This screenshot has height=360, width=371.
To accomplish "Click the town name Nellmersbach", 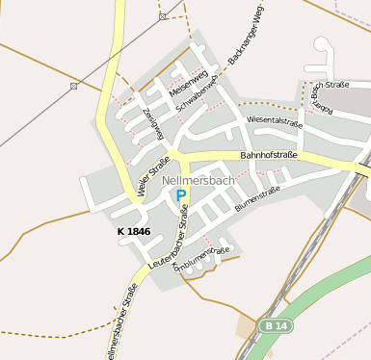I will (x=199, y=180).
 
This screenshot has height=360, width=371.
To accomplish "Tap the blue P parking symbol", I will (x=181, y=195).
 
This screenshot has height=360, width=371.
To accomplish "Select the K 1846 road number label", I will (x=133, y=232).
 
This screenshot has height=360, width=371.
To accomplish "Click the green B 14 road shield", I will (x=274, y=326).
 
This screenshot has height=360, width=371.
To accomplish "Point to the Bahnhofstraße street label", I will (x=268, y=154).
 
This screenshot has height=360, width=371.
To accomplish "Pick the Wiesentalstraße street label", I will (x=275, y=121).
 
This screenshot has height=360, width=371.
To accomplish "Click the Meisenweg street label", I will (x=188, y=84).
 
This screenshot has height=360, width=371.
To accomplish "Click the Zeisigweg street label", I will (x=152, y=123).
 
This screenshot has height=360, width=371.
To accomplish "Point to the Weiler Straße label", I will (x=153, y=174).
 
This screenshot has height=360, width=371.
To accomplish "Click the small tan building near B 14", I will (x=246, y=326).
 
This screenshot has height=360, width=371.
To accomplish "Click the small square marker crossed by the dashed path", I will (x=163, y=16).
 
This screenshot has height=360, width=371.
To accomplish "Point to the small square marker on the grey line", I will (x=74, y=86).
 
